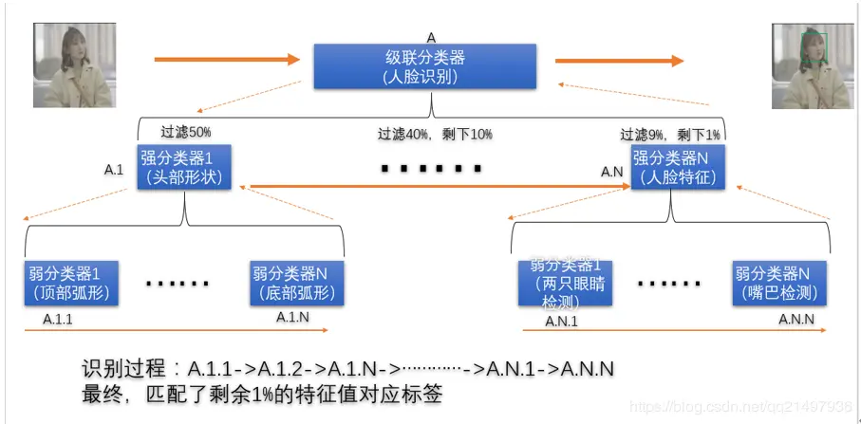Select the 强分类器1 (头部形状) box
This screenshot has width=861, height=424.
tap(184, 167)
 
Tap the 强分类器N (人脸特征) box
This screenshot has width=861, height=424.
tap(677, 167)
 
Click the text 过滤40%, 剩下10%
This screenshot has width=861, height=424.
tap(435, 135)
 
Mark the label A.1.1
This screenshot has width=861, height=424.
tap(58, 320)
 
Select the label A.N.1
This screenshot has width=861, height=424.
tap(561, 321)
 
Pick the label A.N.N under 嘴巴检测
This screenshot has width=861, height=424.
tap(795, 320)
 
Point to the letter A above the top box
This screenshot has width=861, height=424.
tap(431, 38)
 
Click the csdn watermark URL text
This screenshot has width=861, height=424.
tap(740, 406)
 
